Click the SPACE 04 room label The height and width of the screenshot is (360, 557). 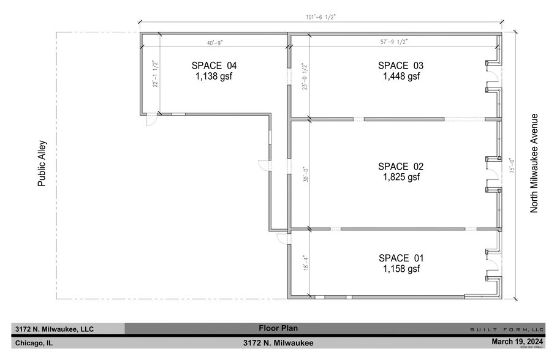[214, 66]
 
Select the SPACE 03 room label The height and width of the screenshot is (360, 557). [400, 66]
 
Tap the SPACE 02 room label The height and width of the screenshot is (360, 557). [400, 167]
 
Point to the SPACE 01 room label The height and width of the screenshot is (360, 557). [400, 258]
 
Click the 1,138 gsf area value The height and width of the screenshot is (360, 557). [214, 77]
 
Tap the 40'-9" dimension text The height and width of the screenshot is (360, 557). [214, 42]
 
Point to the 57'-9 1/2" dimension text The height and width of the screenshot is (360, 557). [393, 42]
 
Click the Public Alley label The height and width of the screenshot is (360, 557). [42, 164]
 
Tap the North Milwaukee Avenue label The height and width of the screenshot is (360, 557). [534, 163]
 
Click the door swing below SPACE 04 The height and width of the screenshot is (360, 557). [150, 121]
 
